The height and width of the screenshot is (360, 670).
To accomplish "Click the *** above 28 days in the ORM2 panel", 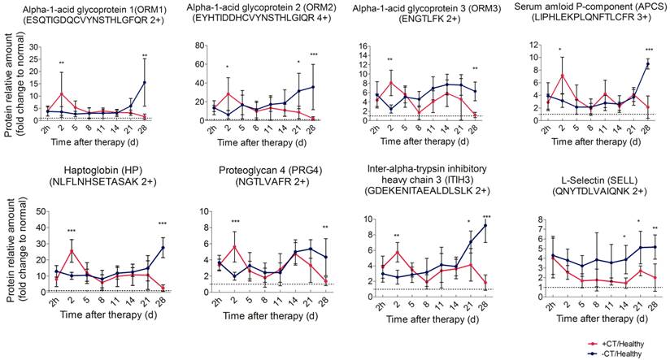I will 313,55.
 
